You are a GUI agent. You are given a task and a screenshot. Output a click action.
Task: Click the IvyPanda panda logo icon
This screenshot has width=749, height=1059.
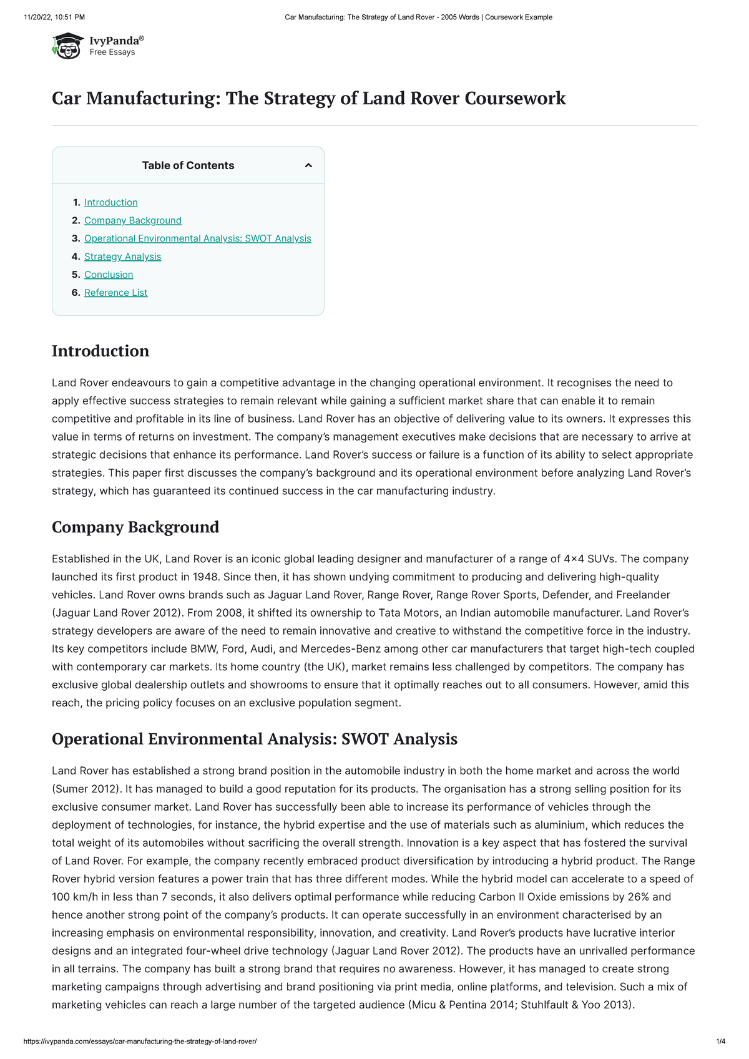pos(67,46)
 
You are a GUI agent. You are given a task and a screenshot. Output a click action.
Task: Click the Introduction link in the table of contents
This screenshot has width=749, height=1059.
pos(111,202)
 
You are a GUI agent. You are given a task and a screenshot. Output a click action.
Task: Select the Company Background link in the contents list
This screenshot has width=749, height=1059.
pos(133,220)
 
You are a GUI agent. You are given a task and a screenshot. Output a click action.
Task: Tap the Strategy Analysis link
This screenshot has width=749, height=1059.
pos(122,256)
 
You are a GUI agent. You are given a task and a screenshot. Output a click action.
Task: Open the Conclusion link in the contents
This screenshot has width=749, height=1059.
pos(109,275)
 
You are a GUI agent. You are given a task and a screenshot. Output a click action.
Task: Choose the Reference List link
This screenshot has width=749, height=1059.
pos(116,293)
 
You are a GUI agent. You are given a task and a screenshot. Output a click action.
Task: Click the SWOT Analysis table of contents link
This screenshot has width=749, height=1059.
pos(197,238)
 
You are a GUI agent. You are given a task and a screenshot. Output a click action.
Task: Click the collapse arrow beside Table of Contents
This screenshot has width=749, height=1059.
pos(308,165)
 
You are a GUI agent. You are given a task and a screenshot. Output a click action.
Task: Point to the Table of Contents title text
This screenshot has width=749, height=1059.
pos(188,165)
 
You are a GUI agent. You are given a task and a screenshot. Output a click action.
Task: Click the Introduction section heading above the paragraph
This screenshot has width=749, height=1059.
pos(100,351)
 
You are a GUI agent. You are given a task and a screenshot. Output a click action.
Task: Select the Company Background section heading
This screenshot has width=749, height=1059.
pos(135,527)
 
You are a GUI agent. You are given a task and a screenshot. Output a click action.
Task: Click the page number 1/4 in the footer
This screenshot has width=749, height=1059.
pos(720,1042)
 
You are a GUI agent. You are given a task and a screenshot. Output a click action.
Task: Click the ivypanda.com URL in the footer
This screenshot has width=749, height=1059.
pos(140,1042)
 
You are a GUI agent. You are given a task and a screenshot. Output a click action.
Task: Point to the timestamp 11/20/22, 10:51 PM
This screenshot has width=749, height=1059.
pos(54,17)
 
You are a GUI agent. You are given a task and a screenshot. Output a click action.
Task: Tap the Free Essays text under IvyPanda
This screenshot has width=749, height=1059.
pos(112,52)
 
